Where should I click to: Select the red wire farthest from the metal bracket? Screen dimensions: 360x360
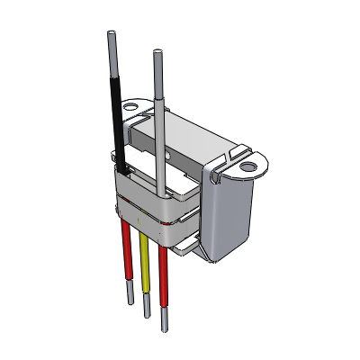click(125, 256)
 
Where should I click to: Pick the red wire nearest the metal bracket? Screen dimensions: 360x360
click(162, 270)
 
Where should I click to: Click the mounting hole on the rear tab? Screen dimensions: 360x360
click(131, 106)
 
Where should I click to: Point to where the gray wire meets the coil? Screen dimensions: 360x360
click(160, 192)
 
